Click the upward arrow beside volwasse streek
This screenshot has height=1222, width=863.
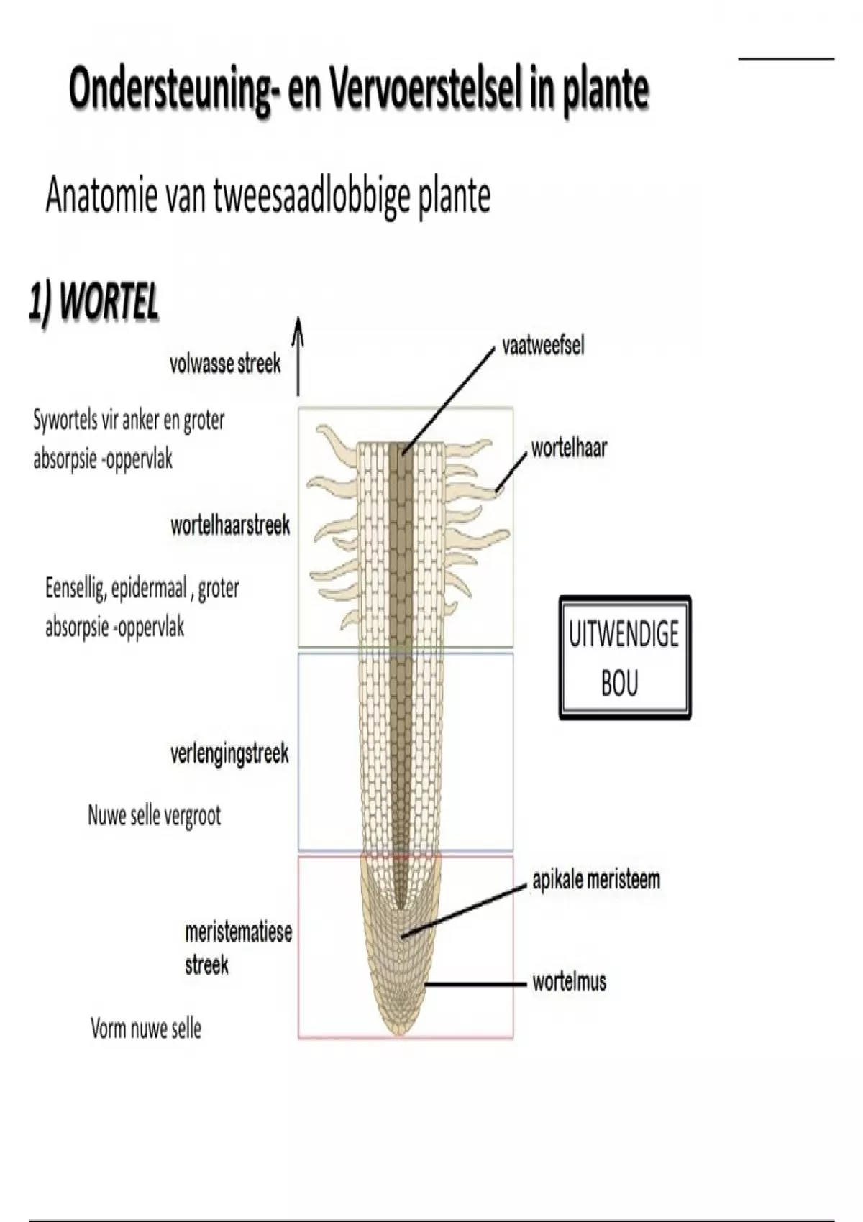[x=298, y=357]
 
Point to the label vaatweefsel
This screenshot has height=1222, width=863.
[x=543, y=346]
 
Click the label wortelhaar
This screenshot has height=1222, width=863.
[x=569, y=449]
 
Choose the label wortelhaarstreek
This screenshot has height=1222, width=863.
[x=230, y=525]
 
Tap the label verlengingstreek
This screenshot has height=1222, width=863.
[x=229, y=754]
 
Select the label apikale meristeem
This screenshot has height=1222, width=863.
[x=595, y=880]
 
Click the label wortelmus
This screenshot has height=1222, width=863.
[x=569, y=982]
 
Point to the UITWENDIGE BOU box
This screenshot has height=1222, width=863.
[x=624, y=658]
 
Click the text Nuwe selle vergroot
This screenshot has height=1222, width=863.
[x=154, y=816]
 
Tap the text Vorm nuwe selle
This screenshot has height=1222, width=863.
[x=146, y=1029]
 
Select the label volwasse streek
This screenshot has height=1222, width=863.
[x=225, y=364]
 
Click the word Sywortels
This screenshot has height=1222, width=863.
[x=65, y=420]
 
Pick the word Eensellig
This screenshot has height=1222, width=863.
[x=75, y=589]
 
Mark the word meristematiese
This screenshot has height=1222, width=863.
[x=238, y=932]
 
